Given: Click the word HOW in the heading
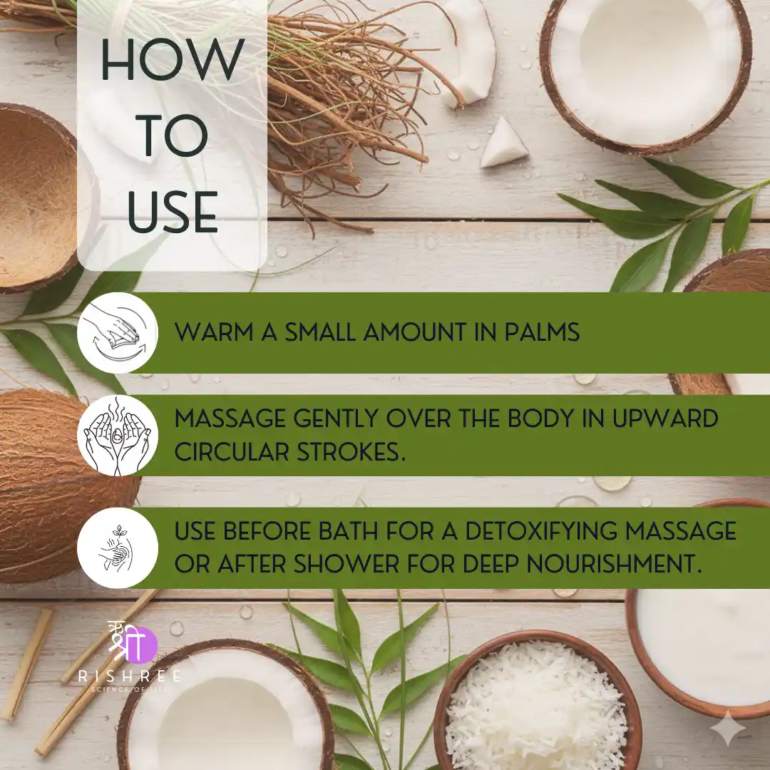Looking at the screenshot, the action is click(173, 59).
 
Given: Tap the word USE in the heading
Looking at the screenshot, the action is click(173, 212).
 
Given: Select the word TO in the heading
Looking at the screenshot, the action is click(173, 136).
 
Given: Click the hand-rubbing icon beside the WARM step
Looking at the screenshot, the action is click(118, 332).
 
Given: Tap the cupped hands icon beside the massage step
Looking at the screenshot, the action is click(118, 436).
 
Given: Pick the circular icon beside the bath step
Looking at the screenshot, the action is click(118, 548).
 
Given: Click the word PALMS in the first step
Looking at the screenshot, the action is click(542, 332).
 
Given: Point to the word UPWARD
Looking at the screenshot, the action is click(665, 419).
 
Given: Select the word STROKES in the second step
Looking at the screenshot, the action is click(351, 452).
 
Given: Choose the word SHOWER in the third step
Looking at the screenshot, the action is click(346, 564).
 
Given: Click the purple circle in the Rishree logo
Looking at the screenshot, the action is click(141, 645).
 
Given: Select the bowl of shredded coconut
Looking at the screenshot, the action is click(538, 702).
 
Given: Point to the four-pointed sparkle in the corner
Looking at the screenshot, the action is click(728, 729).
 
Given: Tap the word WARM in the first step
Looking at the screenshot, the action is click(214, 332).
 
